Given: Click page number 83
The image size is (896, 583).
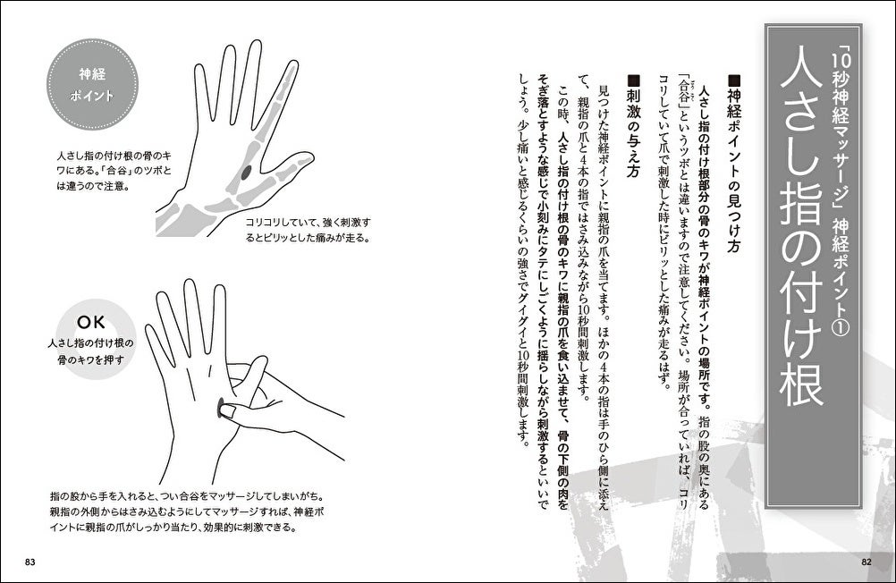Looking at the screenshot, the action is [30, 562].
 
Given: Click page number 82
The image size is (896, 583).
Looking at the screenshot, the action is [866, 562].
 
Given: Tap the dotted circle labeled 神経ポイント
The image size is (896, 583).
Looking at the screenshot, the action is [92, 85].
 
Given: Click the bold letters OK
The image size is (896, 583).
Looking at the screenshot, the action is [91, 323].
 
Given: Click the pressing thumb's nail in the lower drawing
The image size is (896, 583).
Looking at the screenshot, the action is [229, 409].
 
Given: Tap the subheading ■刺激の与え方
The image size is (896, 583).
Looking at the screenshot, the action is [632, 126].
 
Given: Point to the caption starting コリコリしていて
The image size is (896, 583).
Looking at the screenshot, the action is [308, 230].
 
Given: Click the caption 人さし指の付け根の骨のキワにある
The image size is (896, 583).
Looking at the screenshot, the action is [114, 171].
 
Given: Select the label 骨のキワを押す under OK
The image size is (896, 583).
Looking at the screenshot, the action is [91, 360].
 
